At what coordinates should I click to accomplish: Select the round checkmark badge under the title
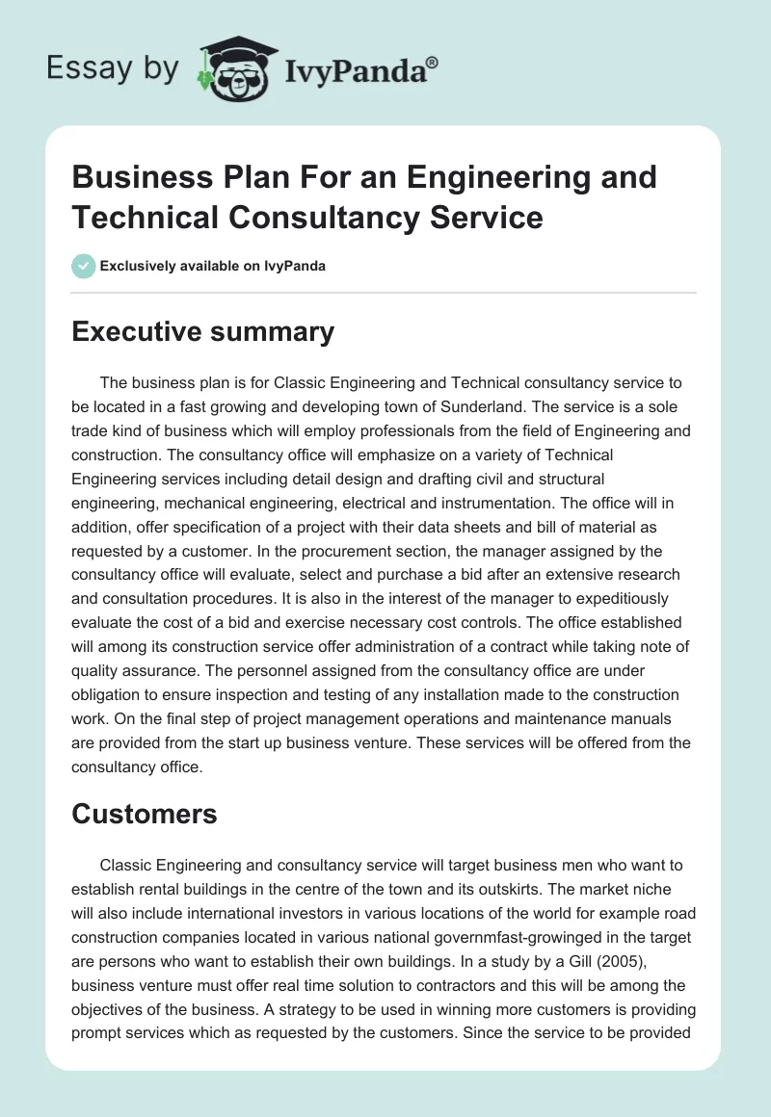tap(84, 266)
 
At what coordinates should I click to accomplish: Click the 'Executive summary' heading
tap(203, 331)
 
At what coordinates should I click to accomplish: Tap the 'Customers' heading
tap(145, 814)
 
